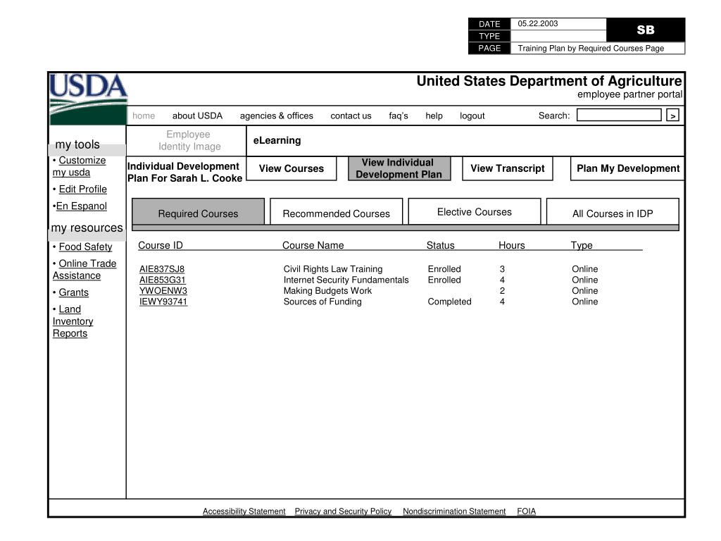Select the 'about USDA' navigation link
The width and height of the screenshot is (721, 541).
click(197, 116)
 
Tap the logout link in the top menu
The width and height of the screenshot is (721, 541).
click(472, 116)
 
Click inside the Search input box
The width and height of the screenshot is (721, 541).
click(619, 116)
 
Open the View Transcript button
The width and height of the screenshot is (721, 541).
click(507, 168)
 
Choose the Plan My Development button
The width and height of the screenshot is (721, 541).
click(627, 168)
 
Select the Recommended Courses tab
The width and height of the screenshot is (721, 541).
click(336, 213)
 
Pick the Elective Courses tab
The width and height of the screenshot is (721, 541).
click(474, 212)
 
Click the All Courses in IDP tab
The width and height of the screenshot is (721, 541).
click(613, 213)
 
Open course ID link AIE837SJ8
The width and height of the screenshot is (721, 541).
click(162, 269)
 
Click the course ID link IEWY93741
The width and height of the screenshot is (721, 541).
click(163, 301)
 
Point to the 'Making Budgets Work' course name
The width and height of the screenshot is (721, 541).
click(327, 290)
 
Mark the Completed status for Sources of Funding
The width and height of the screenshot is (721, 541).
click(449, 301)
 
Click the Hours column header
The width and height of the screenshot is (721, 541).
click(511, 245)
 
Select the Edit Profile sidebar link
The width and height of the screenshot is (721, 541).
click(82, 189)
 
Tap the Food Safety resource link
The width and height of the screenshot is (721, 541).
click(85, 247)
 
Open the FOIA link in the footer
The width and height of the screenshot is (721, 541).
click(526, 511)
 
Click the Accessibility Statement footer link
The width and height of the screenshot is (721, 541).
click(244, 511)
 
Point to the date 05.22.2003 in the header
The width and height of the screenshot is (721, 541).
click(538, 23)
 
